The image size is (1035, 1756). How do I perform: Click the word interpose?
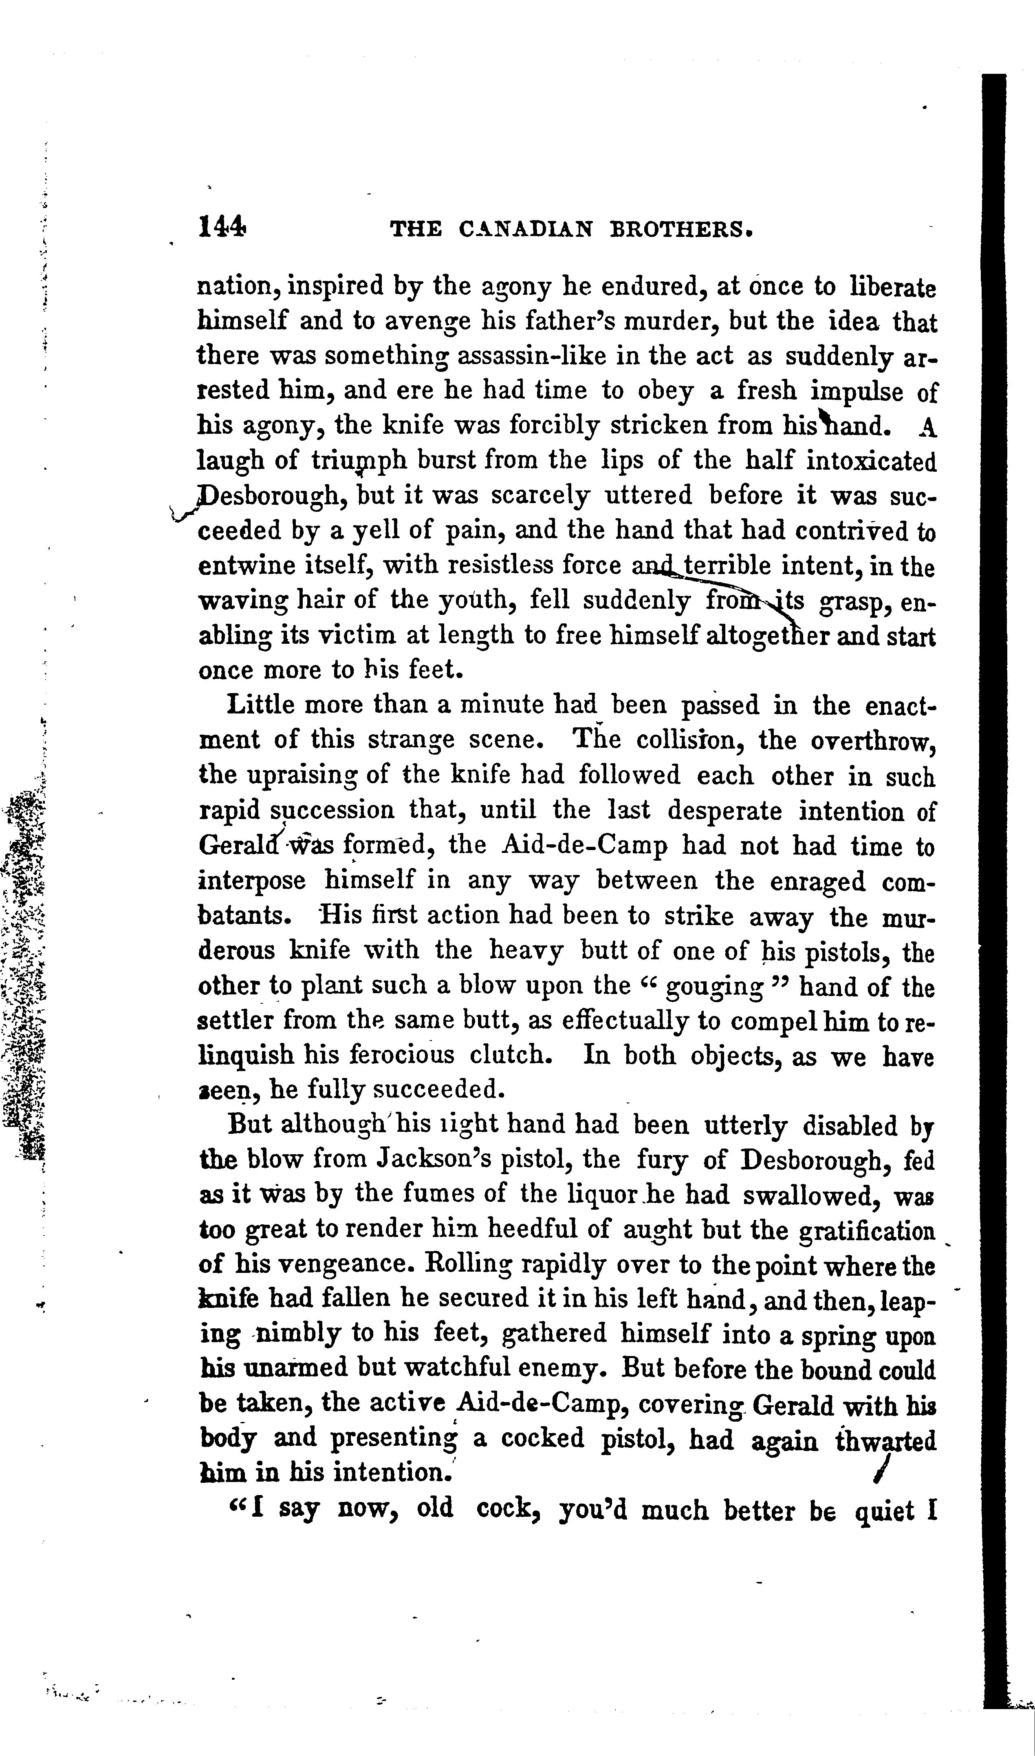[x=253, y=882]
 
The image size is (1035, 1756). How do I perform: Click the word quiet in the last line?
[x=884, y=1513]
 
